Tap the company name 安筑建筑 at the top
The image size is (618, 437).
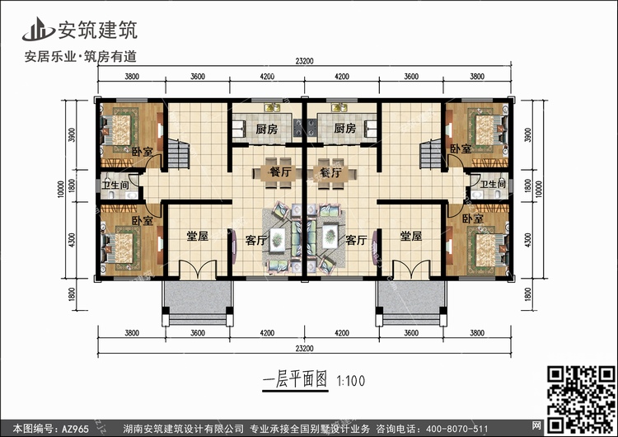[x=96, y=31]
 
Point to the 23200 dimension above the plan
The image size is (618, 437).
[x=305, y=60]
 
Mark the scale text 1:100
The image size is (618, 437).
[x=350, y=380]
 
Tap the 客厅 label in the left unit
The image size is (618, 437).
[x=256, y=242]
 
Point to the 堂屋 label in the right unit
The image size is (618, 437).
[x=411, y=237]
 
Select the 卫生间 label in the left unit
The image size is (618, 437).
[x=114, y=186]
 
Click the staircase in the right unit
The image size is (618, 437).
[x=430, y=153]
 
